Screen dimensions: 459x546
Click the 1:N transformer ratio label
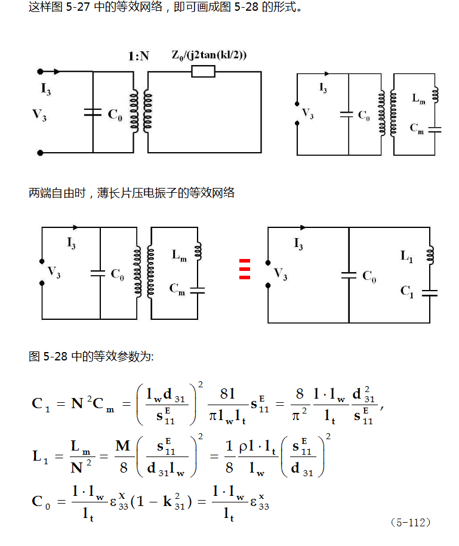[x=138, y=57]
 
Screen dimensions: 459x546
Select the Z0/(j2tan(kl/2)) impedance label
[x=208, y=55]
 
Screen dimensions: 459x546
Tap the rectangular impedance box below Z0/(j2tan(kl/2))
[x=203, y=72]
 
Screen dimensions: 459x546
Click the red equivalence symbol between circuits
[x=243, y=269]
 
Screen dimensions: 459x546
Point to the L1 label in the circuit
[x=406, y=256]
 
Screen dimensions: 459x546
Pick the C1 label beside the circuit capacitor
[x=406, y=291]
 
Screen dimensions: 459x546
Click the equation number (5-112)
[x=410, y=522]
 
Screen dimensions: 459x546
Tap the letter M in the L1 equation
[x=123, y=446]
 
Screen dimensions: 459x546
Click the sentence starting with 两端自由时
[x=132, y=193]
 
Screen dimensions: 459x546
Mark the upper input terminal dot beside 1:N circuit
[x=40, y=72]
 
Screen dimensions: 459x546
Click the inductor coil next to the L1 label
[x=430, y=254]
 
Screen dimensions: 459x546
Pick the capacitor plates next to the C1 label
[x=429, y=292]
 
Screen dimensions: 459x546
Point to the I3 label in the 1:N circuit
[x=46, y=89]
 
